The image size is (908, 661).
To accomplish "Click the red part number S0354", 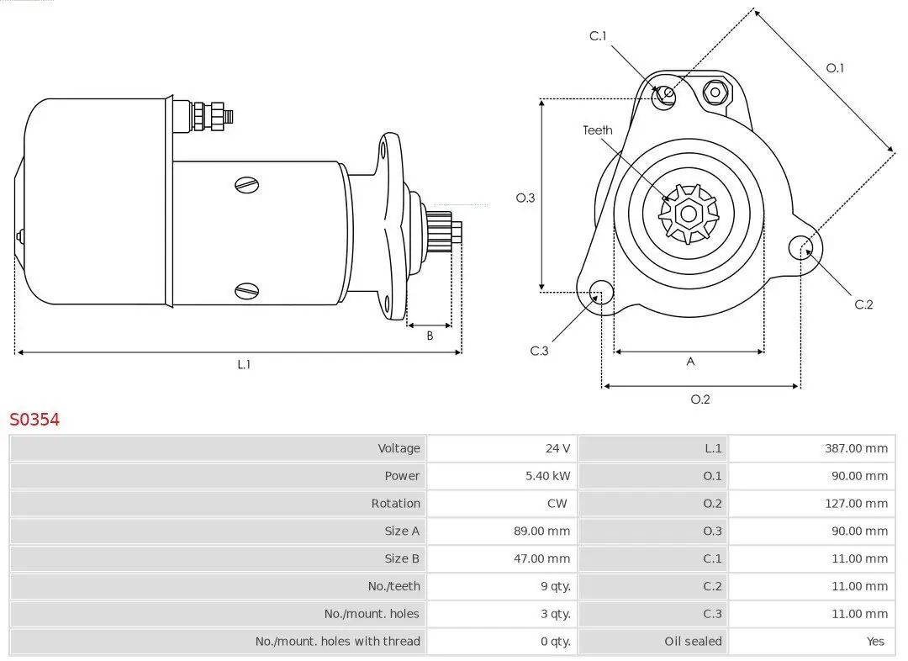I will click(x=34, y=420).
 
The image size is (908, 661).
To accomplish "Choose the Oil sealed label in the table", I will click(x=693, y=642).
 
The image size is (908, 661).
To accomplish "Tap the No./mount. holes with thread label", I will click(x=337, y=642).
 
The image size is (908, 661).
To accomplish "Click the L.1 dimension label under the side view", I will click(x=244, y=365).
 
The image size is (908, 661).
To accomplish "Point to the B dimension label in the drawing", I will click(x=430, y=336).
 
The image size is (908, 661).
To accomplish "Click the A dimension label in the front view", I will click(x=691, y=362).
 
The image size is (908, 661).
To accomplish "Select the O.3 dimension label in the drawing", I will click(x=525, y=198).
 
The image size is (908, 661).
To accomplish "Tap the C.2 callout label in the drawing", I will click(x=863, y=304).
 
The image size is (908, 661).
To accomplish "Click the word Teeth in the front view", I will click(x=598, y=130).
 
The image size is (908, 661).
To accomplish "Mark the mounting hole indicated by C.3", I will click(x=600, y=293).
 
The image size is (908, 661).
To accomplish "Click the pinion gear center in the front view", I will click(x=689, y=214).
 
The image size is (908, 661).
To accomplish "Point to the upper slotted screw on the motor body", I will click(x=246, y=184).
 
